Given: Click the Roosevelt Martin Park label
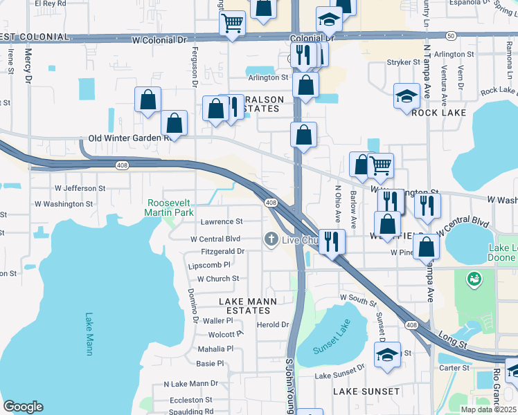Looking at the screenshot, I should point(169,208).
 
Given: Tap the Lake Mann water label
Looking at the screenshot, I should point(89,334).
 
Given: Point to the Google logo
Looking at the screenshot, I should point(23,407).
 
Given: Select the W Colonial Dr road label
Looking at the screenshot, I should point(159,40).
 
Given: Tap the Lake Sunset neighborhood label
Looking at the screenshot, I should point(366,391).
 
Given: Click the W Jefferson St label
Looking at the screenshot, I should point(80,187).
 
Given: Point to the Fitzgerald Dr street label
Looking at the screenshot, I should point(222,252).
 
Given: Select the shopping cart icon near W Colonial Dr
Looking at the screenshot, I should point(233,23).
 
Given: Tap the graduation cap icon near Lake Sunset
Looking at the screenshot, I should point(387,356).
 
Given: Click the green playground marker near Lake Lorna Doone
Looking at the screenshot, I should point(475,279).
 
